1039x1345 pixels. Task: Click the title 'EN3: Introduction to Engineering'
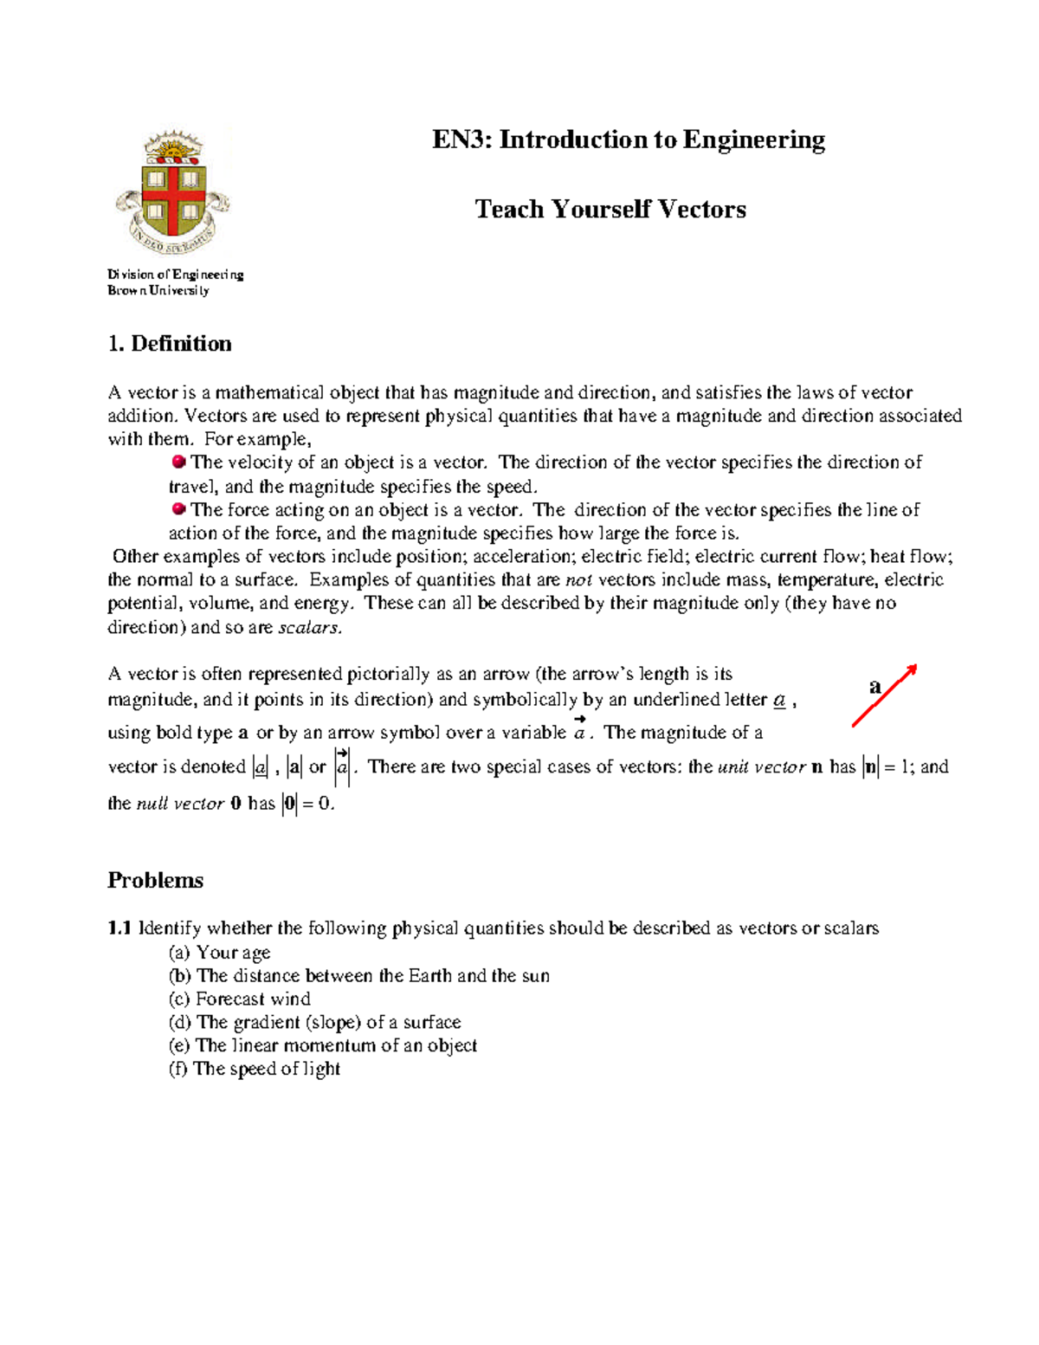(x=629, y=139)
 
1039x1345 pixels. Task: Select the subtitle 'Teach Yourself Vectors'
(x=610, y=210)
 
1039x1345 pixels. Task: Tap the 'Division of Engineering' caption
(x=176, y=275)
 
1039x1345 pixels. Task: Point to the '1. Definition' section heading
(x=170, y=344)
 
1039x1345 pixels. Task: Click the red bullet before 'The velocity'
(x=179, y=462)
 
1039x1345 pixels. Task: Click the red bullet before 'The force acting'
(x=179, y=509)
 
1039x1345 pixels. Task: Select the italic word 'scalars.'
(x=310, y=627)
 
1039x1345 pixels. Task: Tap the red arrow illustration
(x=885, y=695)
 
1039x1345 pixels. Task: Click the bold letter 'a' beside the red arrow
(x=874, y=687)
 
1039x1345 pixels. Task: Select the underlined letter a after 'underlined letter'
(x=779, y=700)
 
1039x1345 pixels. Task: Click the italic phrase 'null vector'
(x=180, y=804)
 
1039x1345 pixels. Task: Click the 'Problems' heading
(x=156, y=880)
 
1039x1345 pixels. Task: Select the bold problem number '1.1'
(x=119, y=928)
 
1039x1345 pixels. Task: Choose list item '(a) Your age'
(x=220, y=953)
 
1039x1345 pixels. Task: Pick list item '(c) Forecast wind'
(x=240, y=999)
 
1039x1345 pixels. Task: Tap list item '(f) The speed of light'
(x=255, y=1069)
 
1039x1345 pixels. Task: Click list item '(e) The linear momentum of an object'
(x=323, y=1045)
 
